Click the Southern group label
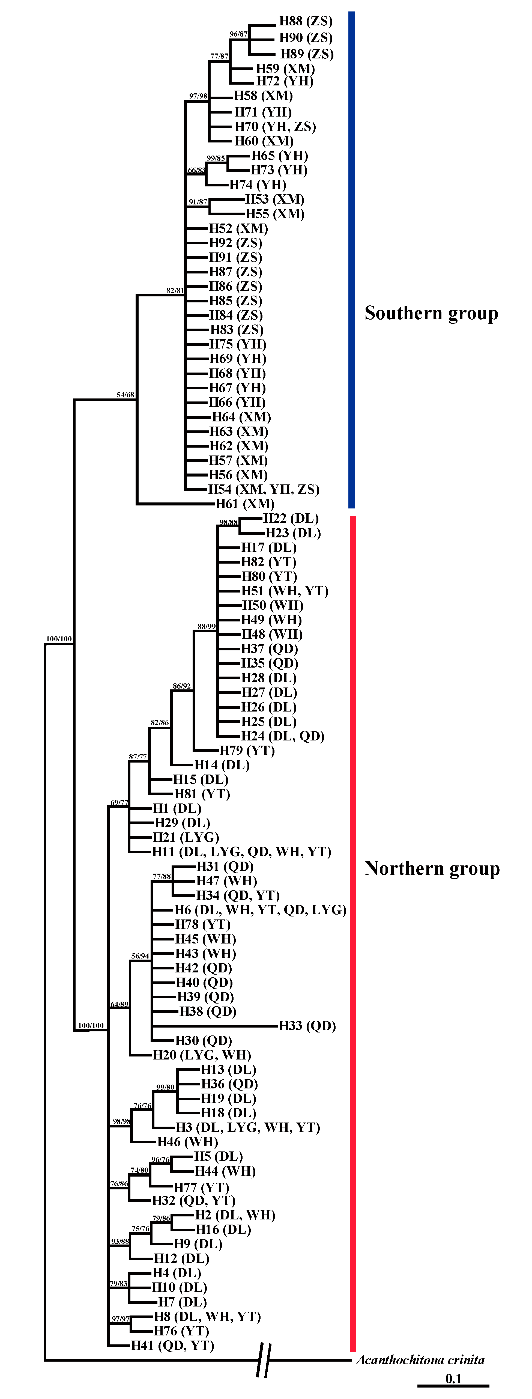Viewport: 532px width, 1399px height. point(431,313)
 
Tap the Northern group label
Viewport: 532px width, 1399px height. point(432,868)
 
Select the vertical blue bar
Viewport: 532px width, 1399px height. point(351,260)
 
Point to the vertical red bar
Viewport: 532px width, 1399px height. point(353,933)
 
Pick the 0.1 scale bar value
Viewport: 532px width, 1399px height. point(453,1378)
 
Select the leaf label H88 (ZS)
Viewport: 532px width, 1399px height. point(306,21)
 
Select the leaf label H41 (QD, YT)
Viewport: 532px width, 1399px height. point(173,1345)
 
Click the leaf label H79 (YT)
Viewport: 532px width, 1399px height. point(247,751)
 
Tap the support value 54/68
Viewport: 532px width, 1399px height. point(125,395)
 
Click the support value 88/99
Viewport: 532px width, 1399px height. point(206,626)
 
